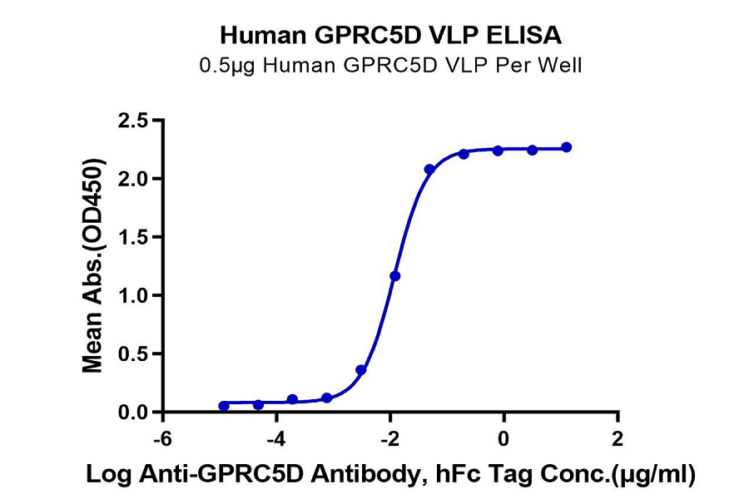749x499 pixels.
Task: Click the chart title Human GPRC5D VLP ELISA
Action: click(389, 36)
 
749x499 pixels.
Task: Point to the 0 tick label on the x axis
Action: click(503, 437)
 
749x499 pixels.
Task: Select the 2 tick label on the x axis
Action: click(617, 437)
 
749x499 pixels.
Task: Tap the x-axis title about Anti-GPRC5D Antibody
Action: click(389, 475)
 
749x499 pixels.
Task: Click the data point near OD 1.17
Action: click(395, 275)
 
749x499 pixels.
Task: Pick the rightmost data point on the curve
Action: click(566, 147)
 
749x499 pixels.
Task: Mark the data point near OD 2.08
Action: click(429, 170)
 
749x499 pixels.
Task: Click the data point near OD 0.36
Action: click(361, 370)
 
